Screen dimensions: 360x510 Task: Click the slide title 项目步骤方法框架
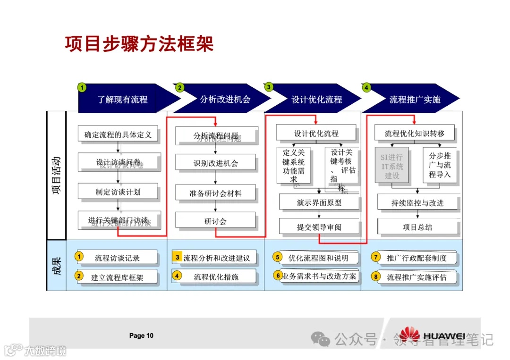[x=139, y=43]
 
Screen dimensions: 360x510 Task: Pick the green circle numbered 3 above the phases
[x=269, y=87]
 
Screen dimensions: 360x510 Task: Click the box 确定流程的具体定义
[x=118, y=134]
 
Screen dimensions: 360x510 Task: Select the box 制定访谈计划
[x=118, y=192]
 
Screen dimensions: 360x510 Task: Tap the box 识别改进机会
[x=216, y=163]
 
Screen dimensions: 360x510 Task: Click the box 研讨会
[x=216, y=221]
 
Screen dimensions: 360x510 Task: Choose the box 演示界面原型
[x=319, y=203]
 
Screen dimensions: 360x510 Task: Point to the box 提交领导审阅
[x=319, y=227]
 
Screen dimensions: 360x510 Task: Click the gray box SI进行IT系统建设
[x=392, y=166]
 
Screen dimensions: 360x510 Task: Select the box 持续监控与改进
[x=417, y=203]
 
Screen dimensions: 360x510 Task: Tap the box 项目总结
[x=417, y=227]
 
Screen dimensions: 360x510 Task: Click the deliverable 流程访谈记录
[x=117, y=258]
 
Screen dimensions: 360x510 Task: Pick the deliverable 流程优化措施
[x=216, y=277]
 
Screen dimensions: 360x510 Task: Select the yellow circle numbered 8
[x=376, y=277]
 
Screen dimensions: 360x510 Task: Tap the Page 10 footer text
[x=141, y=336]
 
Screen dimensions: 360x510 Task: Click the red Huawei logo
[x=409, y=334]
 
